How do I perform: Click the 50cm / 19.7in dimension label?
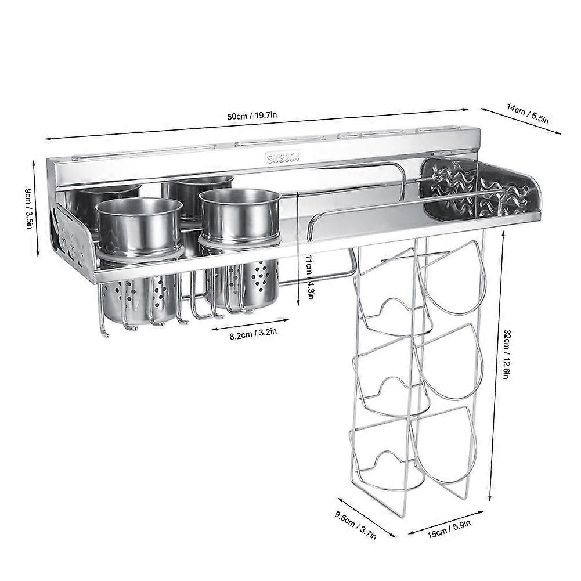252,116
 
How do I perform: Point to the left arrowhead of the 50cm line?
48,138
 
